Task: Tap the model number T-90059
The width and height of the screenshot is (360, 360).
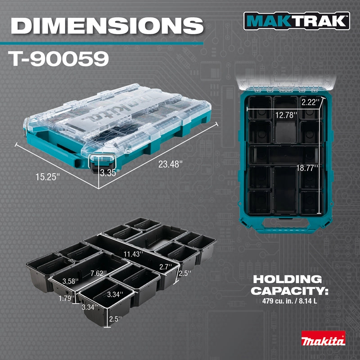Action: [58, 58]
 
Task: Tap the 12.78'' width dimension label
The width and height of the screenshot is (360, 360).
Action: [286, 115]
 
